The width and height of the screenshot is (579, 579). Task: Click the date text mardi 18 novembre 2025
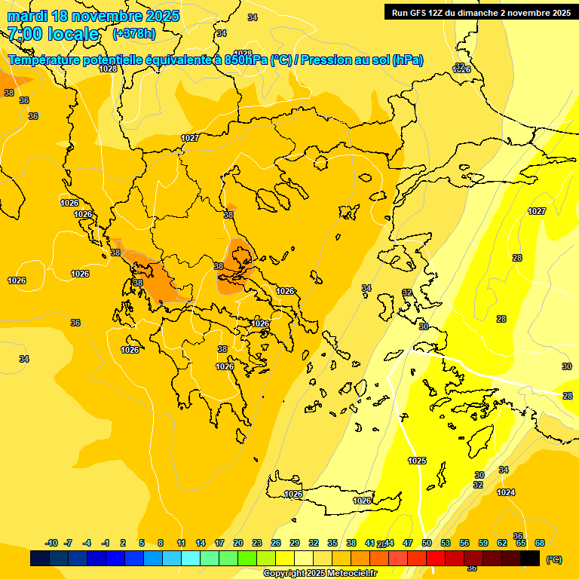click(x=93, y=16)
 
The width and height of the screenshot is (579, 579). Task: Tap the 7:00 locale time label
click(x=53, y=34)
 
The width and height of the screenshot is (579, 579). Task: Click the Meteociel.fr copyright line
click(x=320, y=573)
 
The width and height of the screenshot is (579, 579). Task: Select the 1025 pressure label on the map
click(x=417, y=461)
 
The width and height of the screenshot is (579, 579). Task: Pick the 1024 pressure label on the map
click(x=506, y=492)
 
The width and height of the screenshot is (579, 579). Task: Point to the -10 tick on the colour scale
click(x=51, y=543)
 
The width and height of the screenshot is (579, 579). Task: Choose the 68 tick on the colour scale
click(x=540, y=543)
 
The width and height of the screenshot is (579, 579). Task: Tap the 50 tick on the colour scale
click(x=427, y=543)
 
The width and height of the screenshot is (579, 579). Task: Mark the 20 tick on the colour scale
click(x=238, y=543)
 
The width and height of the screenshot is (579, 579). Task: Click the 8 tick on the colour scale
click(x=161, y=543)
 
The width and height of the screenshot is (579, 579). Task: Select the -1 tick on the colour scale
click(x=106, y=543)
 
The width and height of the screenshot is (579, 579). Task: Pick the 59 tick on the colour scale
click(x=483, y=543)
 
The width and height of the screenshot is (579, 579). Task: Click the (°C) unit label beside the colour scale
click(x=554, y=559)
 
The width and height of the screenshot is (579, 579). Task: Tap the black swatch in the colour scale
click(x=530, y=559)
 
